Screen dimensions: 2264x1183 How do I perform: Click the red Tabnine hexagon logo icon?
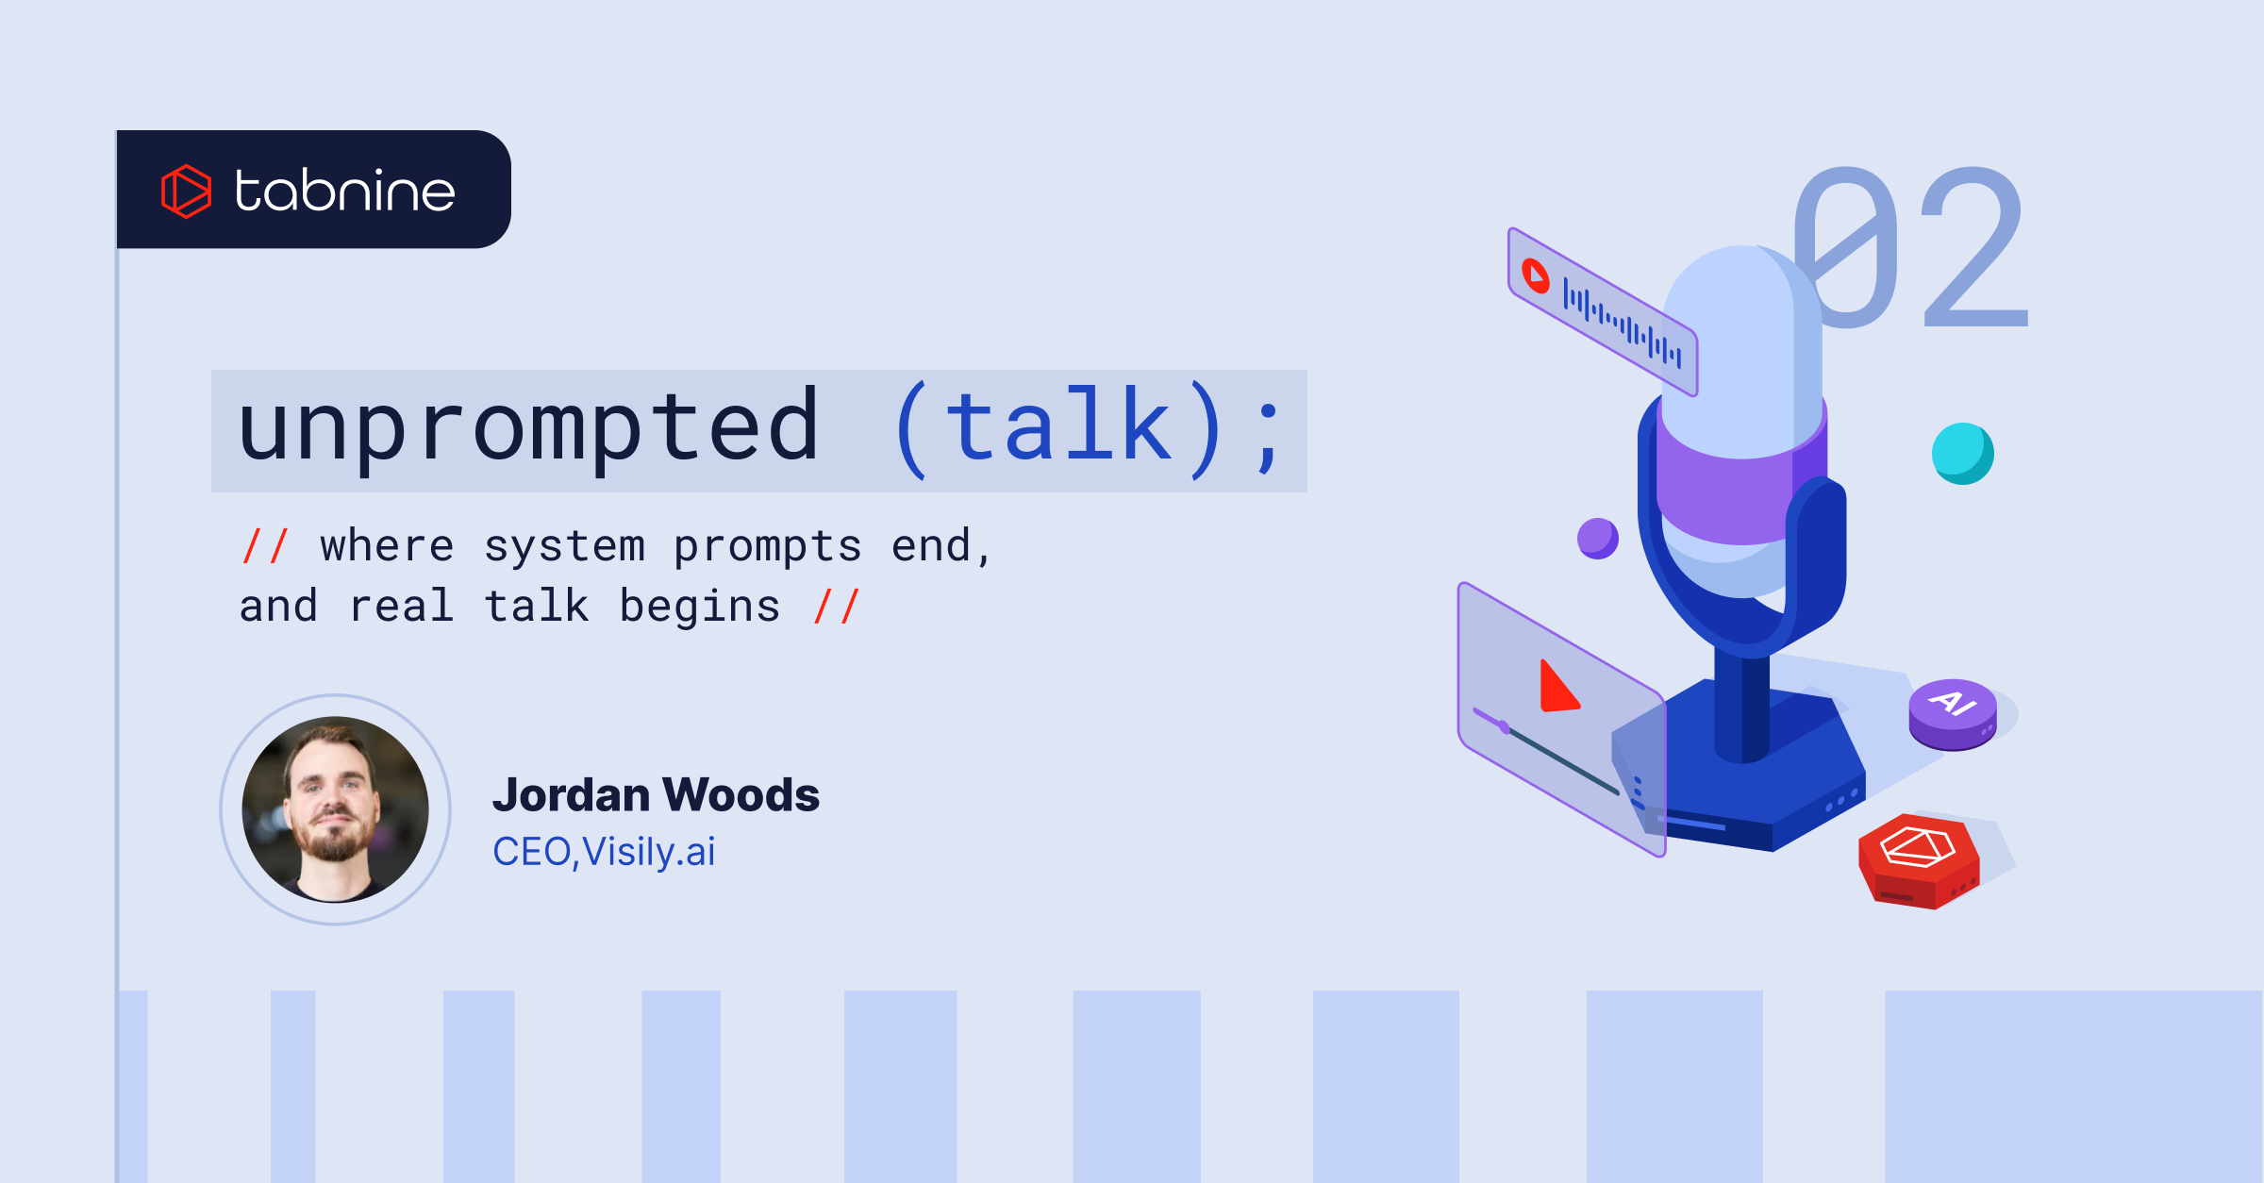pyautogui.click(x=186, y=191)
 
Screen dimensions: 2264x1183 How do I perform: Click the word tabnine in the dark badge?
pyautogui.click(x=345, y=191)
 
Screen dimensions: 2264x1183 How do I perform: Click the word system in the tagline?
pyautogui.click(x=564, y=547)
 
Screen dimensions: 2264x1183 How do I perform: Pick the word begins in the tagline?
pyautogui.click(x=700, y=607)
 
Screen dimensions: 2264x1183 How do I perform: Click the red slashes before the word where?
pyautogui.click(x=265, y=545)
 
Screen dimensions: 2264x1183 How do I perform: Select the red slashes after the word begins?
pyautogui.click(x=837, y=606)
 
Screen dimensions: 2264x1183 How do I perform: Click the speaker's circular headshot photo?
pyautogui.click(x=335, y=809)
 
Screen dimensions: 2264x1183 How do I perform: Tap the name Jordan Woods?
pyautogui.click(x=656, y=794)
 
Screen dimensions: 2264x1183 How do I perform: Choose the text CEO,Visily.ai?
pyautogui.click(x=604, y=852)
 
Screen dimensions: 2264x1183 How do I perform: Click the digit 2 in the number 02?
pyautogui.click(x=1974, y=247)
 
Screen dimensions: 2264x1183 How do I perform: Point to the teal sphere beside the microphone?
pyautogui.click(x=1962, y=454)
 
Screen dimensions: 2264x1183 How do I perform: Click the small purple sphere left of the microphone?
pyautogui.click(x=1598, y=539)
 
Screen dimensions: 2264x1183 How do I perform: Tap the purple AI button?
pyautogui.click(x=1953, y=714)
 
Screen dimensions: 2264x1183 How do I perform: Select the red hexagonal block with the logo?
pyautogui.click(x=1919, y=861)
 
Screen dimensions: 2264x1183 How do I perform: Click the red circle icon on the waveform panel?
pyautogui.click(x=1536, y=275)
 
